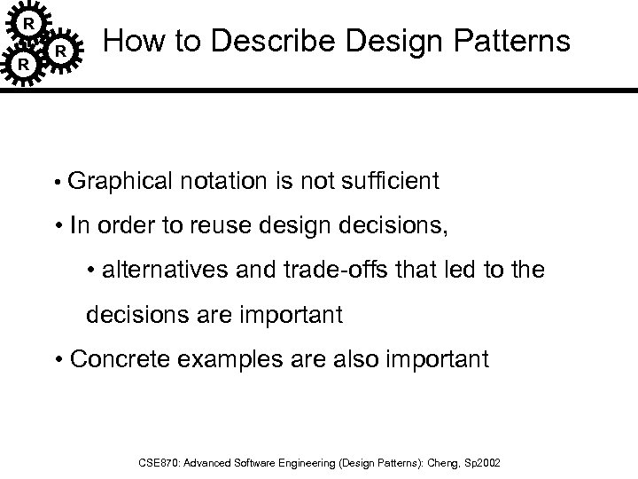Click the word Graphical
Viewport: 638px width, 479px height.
[120, 182]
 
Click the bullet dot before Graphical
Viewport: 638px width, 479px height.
[56, 184]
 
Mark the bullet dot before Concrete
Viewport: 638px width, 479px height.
[58, 359]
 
